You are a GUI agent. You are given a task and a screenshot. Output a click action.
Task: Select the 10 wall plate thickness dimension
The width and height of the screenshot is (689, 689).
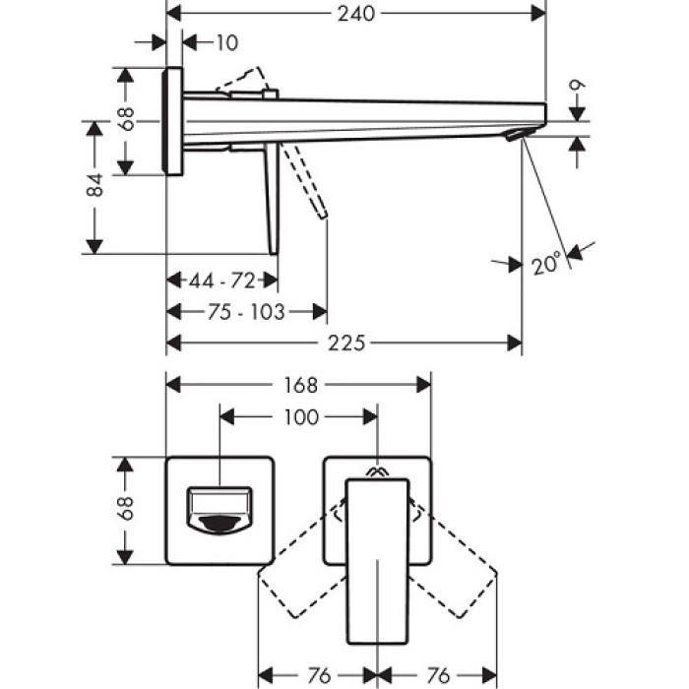click(226, 42)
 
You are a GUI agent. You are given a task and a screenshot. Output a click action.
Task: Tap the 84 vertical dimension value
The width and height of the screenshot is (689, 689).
click(94, 186)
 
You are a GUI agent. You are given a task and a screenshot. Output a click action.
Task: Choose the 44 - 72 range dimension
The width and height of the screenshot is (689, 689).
click(222, 282)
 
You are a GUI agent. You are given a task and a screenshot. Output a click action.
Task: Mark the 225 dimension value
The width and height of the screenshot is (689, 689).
click(345, 343)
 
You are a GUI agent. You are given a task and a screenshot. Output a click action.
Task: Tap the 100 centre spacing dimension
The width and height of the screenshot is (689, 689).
click(299, 417)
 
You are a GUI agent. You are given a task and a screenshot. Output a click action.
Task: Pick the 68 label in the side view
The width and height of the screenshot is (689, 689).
click(125, 120)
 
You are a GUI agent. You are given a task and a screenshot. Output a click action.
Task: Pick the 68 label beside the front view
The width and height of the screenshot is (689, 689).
click(125, 510)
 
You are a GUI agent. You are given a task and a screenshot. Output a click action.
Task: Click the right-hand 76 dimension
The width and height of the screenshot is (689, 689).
click(438, 675)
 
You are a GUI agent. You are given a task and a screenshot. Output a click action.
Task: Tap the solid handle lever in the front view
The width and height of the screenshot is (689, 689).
click(376, 556)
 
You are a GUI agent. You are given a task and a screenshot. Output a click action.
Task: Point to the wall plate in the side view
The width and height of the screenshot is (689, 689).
click(173, 121)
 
